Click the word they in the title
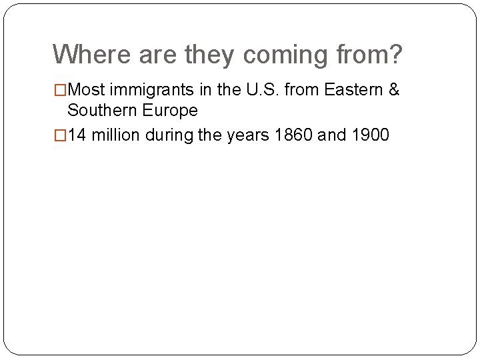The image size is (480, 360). pos(209,55)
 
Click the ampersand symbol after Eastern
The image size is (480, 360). pos(393,89)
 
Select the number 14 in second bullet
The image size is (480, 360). pos(77,135)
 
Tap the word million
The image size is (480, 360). pos(113,135)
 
